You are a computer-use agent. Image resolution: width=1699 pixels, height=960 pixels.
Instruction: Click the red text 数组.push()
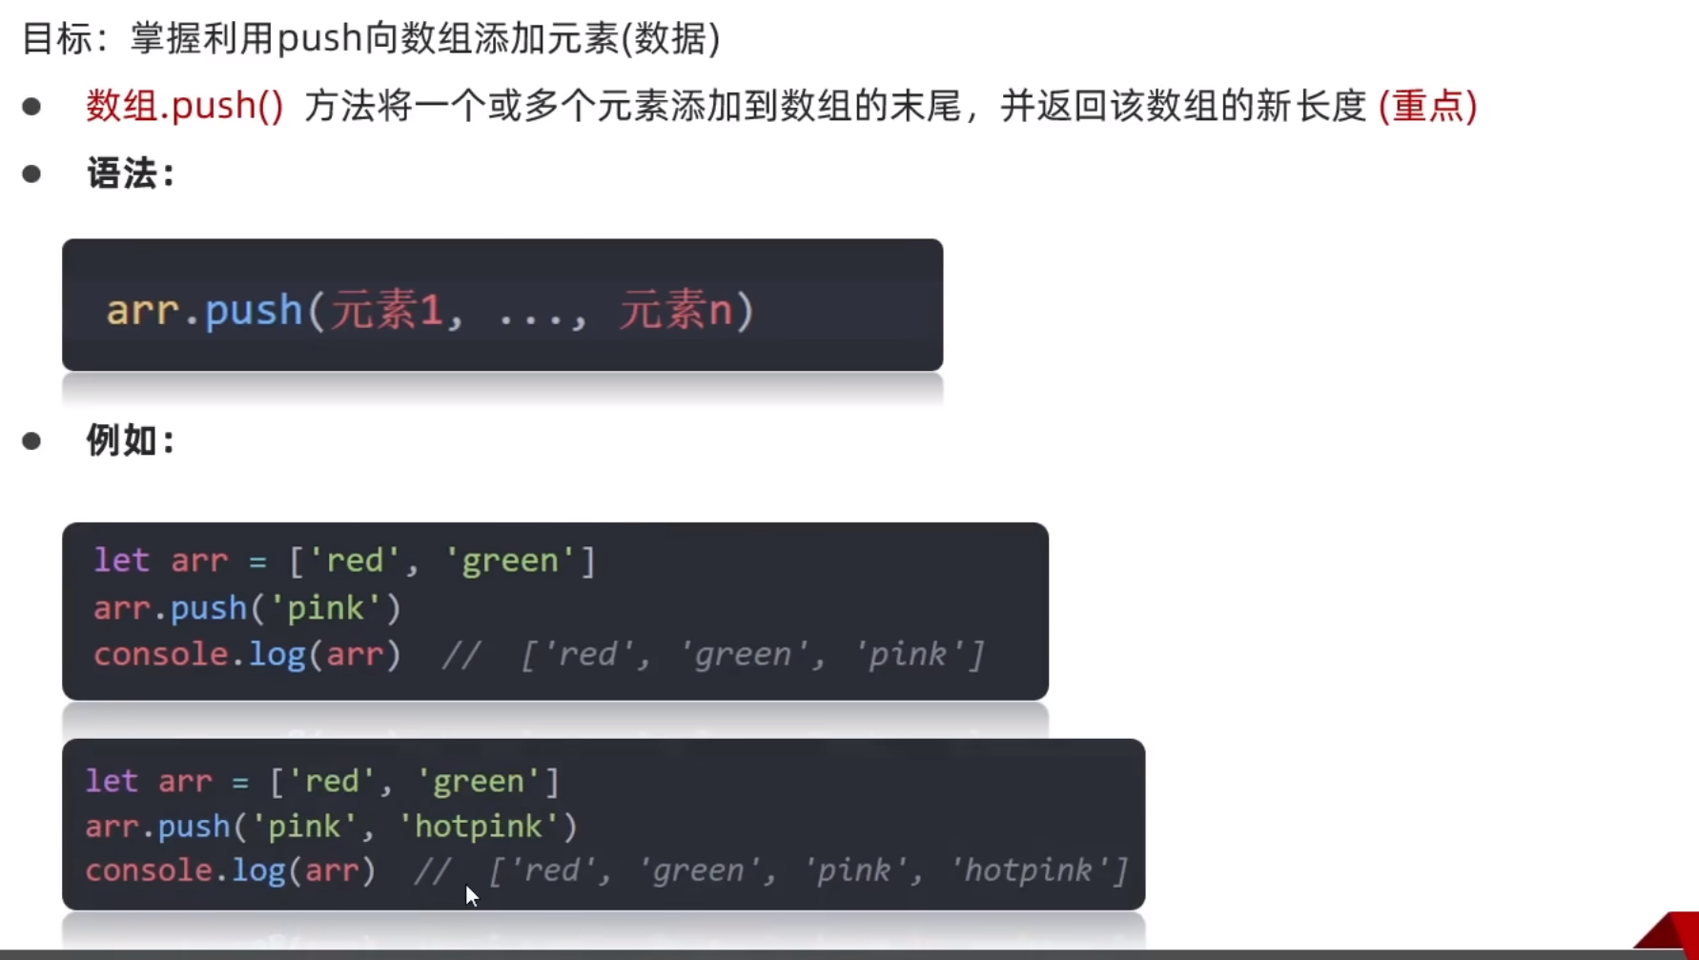[185, 106]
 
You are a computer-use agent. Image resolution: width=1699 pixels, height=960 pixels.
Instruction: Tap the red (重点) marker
[1427, 106]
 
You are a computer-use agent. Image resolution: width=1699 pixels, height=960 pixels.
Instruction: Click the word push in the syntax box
[254, 311]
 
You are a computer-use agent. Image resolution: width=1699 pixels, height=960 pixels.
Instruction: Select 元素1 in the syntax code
[386, 311]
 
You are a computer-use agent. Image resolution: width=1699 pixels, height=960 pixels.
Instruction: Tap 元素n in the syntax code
[675, 311]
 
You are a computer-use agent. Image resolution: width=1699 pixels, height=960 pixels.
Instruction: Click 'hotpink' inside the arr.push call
[479, 826]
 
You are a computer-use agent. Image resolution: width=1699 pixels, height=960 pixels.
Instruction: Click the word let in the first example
[121, 561]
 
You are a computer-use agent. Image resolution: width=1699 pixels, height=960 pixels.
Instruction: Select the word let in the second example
[112, 782]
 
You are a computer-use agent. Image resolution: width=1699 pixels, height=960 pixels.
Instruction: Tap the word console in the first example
[160, 655]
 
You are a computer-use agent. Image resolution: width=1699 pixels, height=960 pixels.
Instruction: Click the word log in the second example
[259, 870]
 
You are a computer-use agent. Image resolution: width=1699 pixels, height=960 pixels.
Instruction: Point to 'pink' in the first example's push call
[326, 608]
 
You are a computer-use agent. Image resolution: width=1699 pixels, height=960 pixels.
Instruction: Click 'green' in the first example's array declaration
[510, 561]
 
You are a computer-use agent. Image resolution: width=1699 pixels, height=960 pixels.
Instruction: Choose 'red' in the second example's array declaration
[331, 782]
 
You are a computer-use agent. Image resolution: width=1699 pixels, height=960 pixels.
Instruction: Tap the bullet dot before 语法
[31, 174]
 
